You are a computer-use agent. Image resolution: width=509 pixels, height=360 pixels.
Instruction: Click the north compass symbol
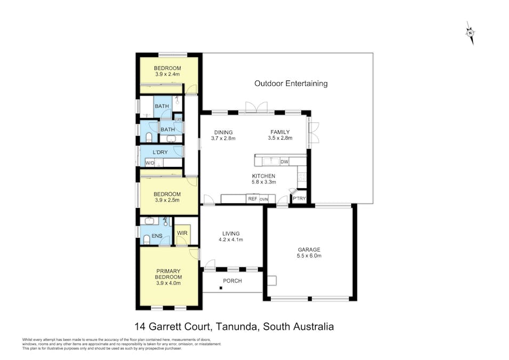tap(470, 33)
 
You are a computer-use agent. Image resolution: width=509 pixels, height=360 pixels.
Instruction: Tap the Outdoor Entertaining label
tap(291, 84)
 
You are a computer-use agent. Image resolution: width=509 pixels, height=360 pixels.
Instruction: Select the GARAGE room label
tap(309, 250)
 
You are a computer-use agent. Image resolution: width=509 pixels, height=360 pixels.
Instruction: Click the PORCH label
tap(232, 281)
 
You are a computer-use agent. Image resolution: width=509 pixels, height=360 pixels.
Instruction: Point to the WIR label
tap(182, 233)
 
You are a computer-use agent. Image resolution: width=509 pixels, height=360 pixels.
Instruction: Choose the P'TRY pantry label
tap(300, 198)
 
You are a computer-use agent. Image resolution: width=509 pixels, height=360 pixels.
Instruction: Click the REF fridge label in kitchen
tap(253, 198)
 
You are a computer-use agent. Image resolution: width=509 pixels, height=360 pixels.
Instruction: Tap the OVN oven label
tap(264, 199)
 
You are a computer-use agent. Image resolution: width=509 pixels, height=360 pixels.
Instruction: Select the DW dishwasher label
tap(285, 162)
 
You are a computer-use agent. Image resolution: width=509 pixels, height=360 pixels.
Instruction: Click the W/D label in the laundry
tap(150, 163)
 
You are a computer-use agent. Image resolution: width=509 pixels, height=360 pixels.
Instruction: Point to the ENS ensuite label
tap(157, 236)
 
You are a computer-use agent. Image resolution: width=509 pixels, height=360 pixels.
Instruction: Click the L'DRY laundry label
tap(160, 152)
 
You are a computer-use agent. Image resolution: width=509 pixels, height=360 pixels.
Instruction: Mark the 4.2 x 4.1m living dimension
tap(231, 240)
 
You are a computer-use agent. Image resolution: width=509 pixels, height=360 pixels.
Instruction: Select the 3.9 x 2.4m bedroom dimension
tap(167, 74)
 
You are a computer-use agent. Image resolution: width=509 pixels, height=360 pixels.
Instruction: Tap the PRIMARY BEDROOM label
tap(168, 274)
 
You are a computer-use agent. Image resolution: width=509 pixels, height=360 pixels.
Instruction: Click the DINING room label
tap(223, 132)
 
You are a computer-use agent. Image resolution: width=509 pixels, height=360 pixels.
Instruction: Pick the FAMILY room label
tap(280, 132)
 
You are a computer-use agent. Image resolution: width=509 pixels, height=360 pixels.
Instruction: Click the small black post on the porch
tap(221, 288)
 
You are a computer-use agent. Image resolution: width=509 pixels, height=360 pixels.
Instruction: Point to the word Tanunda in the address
tap(237, 326)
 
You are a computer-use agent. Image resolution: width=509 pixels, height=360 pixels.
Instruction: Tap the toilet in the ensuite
tap(147, 239)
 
